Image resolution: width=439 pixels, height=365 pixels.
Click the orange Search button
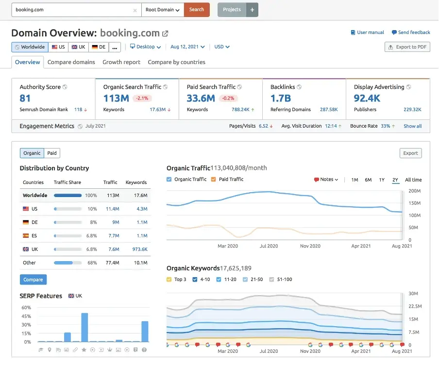pos(197,10)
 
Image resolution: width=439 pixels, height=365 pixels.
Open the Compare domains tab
pos(71,62)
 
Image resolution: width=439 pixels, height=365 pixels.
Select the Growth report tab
pos(121,62)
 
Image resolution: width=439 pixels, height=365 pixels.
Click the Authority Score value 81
pos(25,98)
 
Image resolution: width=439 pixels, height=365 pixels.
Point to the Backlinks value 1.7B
pos(281,98)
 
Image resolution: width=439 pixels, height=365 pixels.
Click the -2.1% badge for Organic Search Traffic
pos(141,98)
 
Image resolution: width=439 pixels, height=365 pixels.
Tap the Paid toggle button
pos(52,153)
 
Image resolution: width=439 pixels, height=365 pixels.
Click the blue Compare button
pos(33,280)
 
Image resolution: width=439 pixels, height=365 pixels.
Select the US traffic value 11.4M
pos(112,209)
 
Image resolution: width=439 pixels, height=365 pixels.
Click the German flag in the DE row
pos(26,222)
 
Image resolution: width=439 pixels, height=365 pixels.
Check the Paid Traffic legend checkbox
pos(214,179)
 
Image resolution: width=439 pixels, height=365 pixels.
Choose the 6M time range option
pos(368,180)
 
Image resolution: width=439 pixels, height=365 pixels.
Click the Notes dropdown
pos(326,180)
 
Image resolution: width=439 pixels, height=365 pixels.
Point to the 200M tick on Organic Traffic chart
pos(414,191)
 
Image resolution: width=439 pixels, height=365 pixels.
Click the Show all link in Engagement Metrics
pos(412,126)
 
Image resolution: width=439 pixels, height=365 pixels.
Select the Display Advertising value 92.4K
pos(367,98)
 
